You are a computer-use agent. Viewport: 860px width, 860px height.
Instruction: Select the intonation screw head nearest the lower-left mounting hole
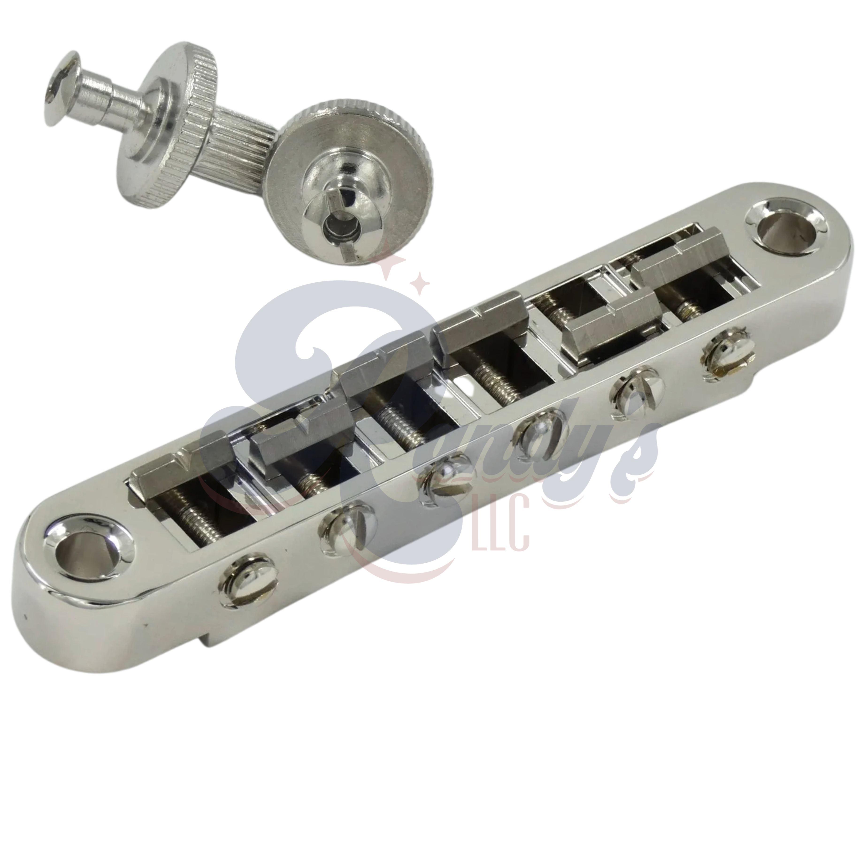point(247,580)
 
